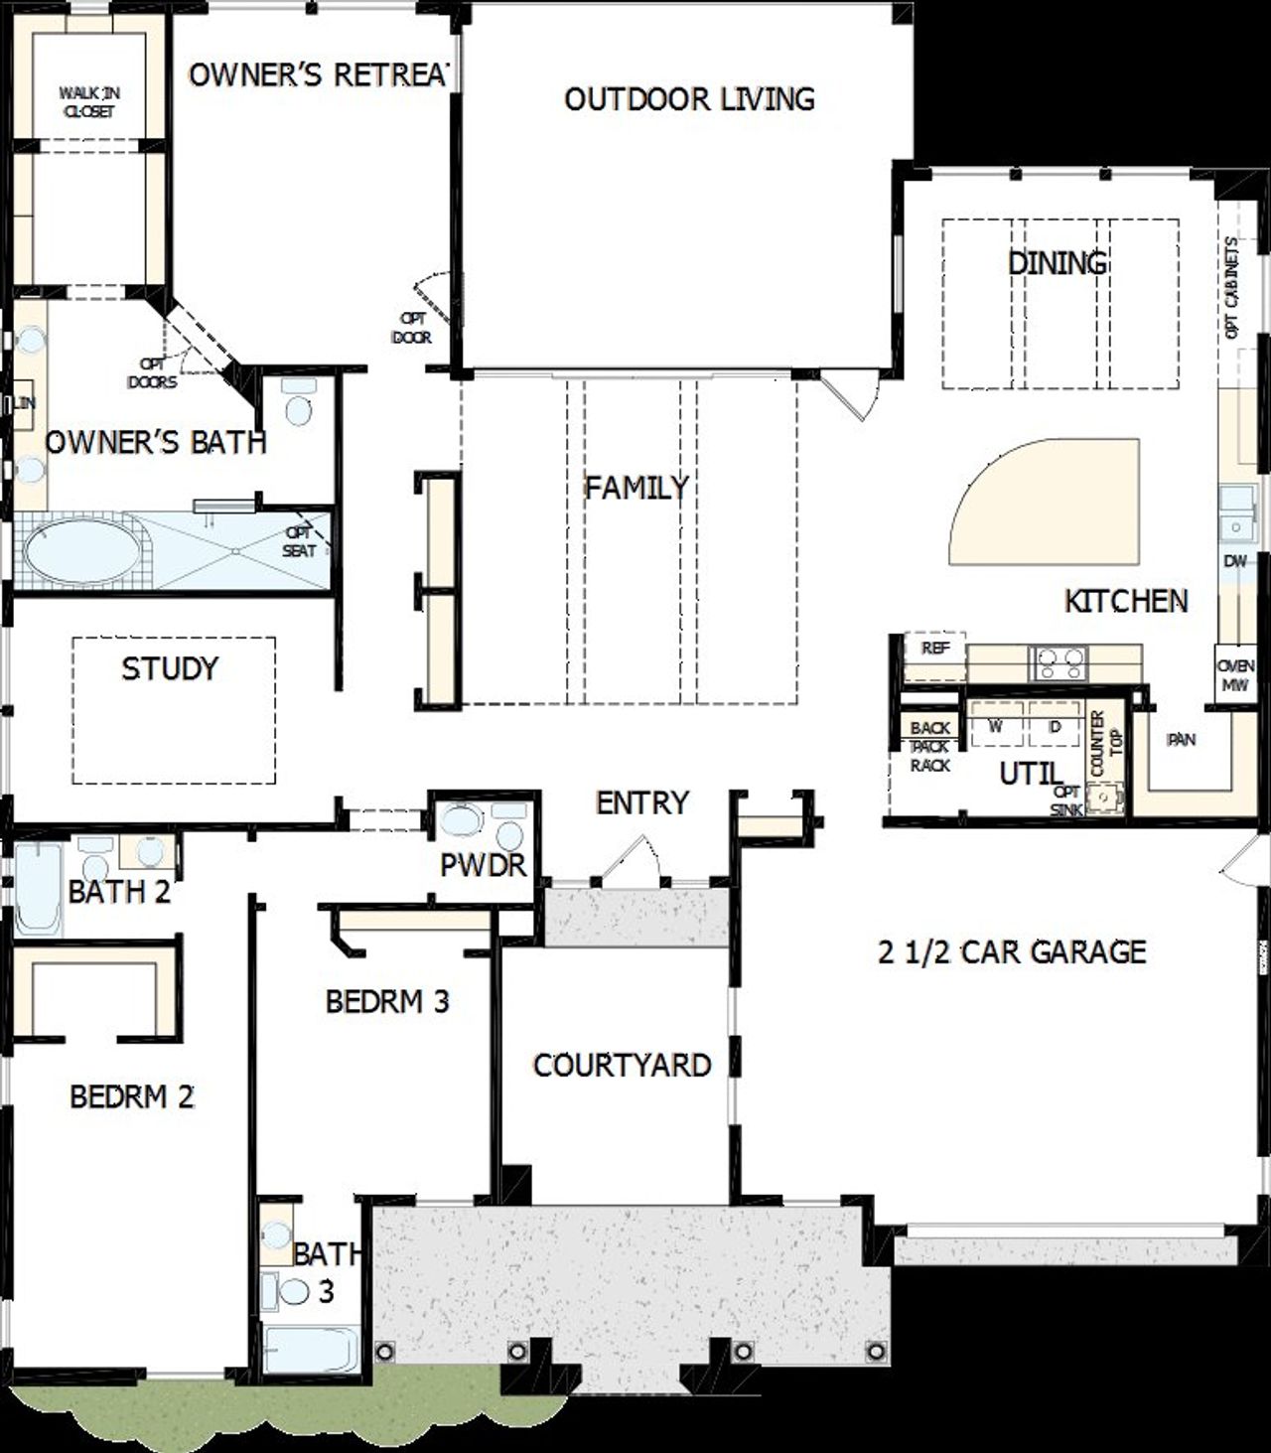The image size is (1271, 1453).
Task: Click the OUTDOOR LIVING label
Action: [x=689, y=99]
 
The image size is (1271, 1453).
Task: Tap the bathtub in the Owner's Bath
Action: [x=81, y=554]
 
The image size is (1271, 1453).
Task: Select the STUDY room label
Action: [x=170, y=668]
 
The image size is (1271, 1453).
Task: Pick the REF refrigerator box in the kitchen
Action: [x=934, y=649]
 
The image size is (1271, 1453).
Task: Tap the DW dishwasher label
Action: [x=1234, y=562]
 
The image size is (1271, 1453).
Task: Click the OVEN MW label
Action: [x=1236, y=675]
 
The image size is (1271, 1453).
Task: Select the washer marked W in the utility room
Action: [x=995, y=727]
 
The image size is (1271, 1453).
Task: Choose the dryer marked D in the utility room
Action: [x=1055, y=727]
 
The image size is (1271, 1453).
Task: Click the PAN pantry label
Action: [x=1181, y=740]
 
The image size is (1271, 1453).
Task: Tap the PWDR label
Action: [x=483, y=865]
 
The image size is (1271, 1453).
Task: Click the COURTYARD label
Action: [x=622, y=1066]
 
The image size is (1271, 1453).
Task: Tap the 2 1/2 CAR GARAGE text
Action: [x=1012, y=952]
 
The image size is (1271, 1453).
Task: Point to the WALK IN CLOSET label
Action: [x=89, y=102]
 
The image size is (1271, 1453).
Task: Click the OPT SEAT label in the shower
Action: [x=299, y=542]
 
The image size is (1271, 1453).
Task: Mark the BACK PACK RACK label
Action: [x=929, y=747]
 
